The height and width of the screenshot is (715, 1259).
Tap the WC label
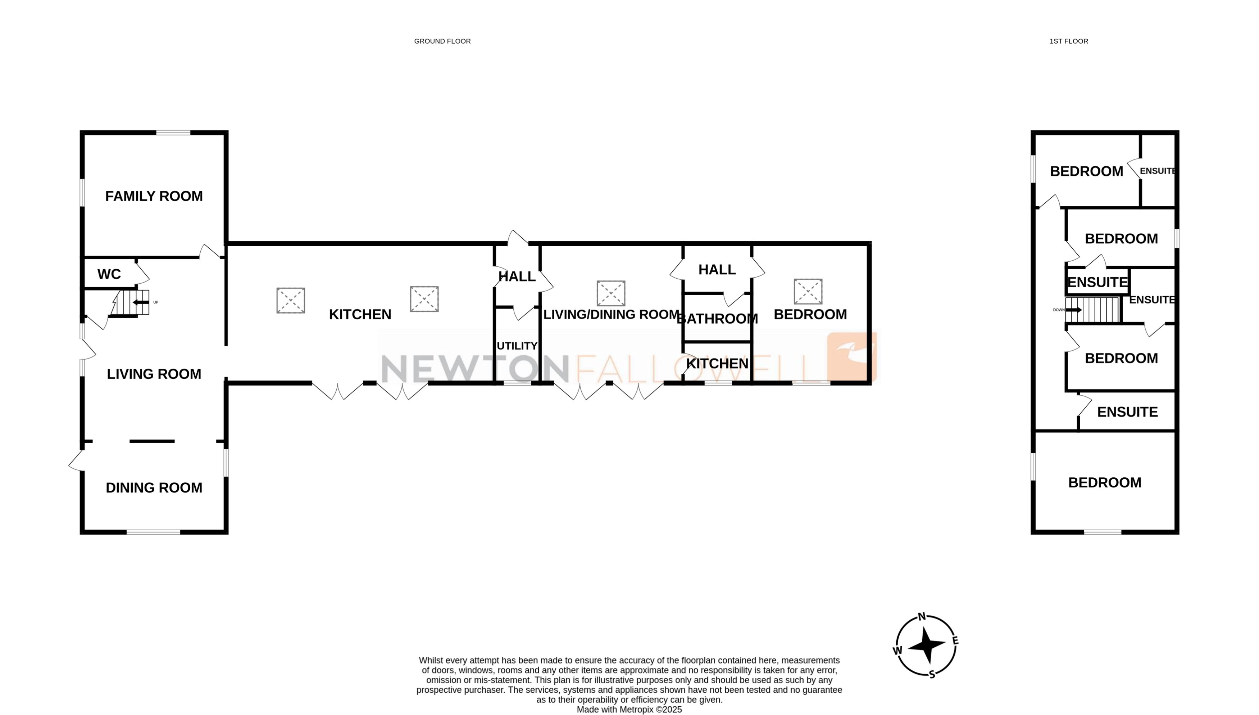(109, 274)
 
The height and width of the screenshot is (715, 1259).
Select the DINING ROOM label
(154, 487)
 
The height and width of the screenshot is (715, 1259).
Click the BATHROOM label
(717, 319)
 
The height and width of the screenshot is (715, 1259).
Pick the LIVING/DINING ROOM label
(611, 315)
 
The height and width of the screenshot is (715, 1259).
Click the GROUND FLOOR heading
(442, 41)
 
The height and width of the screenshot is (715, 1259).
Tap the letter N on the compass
(922, 617)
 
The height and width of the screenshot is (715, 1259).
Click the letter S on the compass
(932, 674)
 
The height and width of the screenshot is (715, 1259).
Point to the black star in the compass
(926, 645)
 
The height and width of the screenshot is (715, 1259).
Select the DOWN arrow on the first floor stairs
(1073, 310)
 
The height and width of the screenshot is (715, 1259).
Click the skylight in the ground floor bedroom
(808, 292)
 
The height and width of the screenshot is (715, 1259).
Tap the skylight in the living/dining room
(611, 294)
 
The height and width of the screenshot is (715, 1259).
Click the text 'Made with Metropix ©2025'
(629, 710)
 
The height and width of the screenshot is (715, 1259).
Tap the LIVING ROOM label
(154, 374)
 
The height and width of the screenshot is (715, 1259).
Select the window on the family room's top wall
(173, 132)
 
